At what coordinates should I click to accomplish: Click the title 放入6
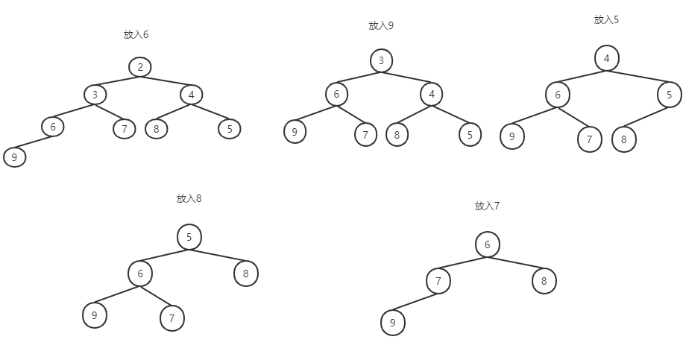click(136, 34)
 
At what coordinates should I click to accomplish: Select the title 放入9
click(381, 25)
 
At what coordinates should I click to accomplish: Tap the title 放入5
click(606, 19)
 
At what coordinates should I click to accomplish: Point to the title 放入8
click(189, 198)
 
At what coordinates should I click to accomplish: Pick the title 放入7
click(487, 206)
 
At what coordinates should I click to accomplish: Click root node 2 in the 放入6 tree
click(139, 67)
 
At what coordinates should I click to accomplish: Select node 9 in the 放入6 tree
click(14, 157)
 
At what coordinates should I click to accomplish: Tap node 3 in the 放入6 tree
click(95, 95)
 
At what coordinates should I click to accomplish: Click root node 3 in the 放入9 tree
click(381, 60)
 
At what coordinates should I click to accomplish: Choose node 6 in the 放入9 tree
click(337, 94)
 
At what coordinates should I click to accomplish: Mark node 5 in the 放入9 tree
click(470, 135)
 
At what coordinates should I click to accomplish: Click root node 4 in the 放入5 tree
click(607, 58)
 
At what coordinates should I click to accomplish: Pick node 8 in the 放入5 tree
click(624, 139)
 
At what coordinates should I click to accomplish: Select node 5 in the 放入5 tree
click(670, 95)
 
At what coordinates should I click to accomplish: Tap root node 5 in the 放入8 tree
click(189, 238)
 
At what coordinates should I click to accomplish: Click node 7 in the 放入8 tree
click(172, 318)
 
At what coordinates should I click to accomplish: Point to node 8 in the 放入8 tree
click(246, 274)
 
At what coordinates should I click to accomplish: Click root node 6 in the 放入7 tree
click(488, 244)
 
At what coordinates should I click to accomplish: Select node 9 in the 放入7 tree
click(392, 323)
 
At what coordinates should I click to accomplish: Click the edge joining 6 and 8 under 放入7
click(516, 263)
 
